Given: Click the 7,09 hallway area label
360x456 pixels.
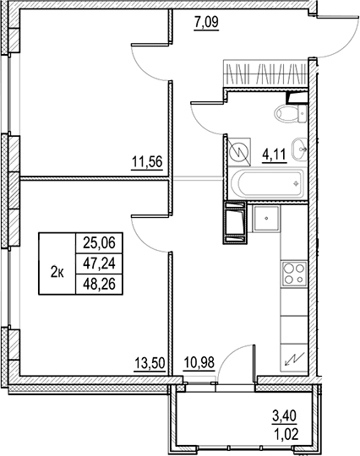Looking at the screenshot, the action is [206, 23].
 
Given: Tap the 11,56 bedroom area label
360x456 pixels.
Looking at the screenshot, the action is [147, 161].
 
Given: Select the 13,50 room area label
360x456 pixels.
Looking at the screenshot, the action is [150, 363].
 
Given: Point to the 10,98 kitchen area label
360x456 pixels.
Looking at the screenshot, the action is [199, 363].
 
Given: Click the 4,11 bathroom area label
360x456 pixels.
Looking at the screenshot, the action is [275, 155].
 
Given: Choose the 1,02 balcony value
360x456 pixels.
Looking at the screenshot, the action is [286, 436].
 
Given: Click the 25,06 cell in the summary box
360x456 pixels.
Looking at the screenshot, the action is [99, 243].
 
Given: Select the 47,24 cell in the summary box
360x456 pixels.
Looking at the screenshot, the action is [99, 263].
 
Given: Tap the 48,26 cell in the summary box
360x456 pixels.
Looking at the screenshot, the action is [99, 284].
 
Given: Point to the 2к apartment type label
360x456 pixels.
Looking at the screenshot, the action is [57, 273].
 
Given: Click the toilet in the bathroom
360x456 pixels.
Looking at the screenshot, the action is [291, 114].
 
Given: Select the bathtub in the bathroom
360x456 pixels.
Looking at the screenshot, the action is [267, 184].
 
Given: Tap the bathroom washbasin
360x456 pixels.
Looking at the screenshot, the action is [299, 149].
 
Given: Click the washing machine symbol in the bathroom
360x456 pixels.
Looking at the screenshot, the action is [239, 152].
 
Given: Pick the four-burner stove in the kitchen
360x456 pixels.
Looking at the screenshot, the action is [294, 274].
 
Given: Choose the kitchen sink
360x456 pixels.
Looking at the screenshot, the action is [266, 219].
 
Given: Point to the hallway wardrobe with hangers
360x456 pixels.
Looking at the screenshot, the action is [265, 73].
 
